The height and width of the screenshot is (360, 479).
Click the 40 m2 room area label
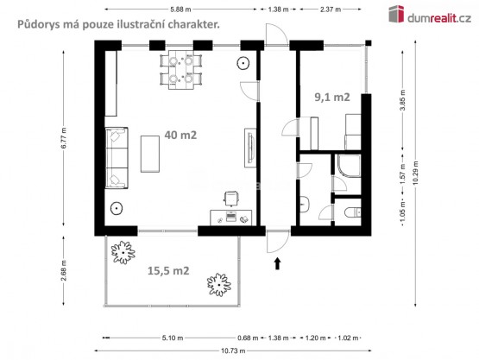point(180,135)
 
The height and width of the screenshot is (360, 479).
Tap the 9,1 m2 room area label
point(332,98)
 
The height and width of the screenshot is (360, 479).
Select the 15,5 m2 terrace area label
point(168,271)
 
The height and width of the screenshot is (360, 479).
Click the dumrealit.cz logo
point(430,15)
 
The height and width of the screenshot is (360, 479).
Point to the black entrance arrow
point(277,263)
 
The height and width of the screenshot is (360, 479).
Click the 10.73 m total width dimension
point(233,351)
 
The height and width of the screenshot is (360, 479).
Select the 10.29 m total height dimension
point(415,173)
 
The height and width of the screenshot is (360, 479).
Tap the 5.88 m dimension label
point(180,9)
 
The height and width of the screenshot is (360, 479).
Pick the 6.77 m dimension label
point(64,138)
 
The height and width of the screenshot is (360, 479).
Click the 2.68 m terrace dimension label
point(64,270)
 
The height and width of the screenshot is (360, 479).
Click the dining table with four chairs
point(181,70)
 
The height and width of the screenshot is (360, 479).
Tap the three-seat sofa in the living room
point(117,158)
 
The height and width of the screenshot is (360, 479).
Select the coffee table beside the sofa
point(149,154)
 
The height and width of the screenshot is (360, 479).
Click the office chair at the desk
point(231,199)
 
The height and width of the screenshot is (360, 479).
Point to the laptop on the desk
point(231,217)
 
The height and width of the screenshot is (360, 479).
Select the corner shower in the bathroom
point(350,166)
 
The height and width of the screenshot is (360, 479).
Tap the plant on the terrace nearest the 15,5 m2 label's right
point(219,285)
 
